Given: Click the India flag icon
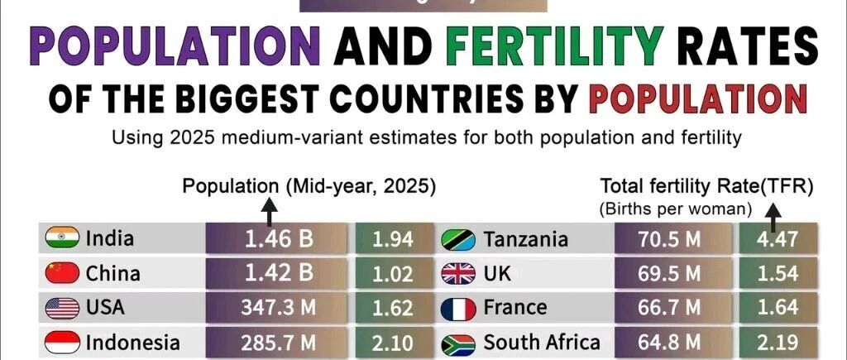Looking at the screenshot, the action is pyautogui.click(x=62, y=238).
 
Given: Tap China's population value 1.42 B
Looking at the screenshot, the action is pyautogui.click(x=279, y=273).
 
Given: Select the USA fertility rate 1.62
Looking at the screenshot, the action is pyautogui.click(x=393, y=308).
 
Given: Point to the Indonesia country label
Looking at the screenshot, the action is pyautogui.click(x=133, y=342).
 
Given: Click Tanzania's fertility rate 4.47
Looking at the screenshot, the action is pyautogui.click(x=778, y=239).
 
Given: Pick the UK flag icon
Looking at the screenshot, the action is pyautogui.click(x=458, y=273).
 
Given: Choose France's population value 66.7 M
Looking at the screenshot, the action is pyautogui.click(x=669, y=308).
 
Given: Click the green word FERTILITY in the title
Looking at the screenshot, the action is pyautogui.click(x=555, y=46).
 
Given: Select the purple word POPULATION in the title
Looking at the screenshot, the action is pyautogui.click(x=175, y=46).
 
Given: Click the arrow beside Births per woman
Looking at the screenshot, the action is pyautogui.click(x=773, y=218).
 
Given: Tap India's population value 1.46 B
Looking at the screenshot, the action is pyautogui.click(x=279, y=239).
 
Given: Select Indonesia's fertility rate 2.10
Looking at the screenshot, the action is pyautogui.click(x=393, y=343).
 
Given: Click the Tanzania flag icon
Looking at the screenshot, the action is pyautogui.click(x=458, y=239).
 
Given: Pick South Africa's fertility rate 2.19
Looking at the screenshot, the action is pyautogui.click(x=778, y=343).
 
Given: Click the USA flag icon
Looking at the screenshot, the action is pyautogui.click(x=62, y=308).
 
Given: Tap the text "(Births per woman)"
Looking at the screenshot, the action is pyautogui.click(x=675, y=209).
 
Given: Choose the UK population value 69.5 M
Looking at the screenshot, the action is pyautogui.click(x=669, y=273).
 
